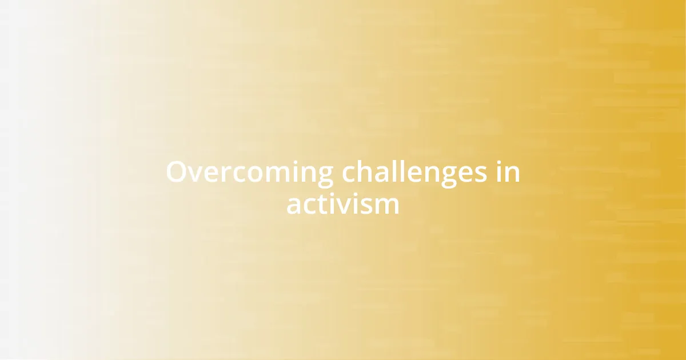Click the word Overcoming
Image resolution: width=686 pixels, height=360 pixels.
pos(249,173)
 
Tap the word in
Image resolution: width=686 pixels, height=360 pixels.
pos(508,173)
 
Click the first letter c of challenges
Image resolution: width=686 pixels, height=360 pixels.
pos(350,174)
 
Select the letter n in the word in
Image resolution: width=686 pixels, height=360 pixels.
pos(512,174)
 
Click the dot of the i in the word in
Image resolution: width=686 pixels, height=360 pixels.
pos(498,163)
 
